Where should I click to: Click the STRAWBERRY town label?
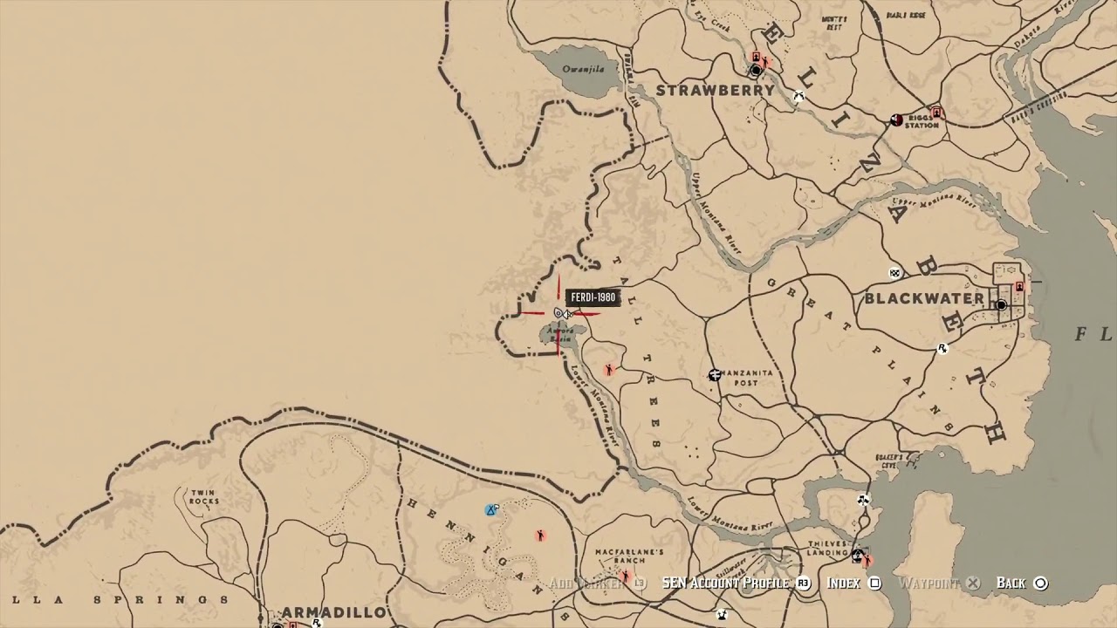click(x=715, y=90)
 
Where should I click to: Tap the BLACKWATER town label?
click(x=924, y=298)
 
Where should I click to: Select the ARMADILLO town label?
click(x=333, y=612)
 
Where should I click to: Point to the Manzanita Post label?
click(x=747, y=378)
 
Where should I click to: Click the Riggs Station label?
click(x=922, y=121)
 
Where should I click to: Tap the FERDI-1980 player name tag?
click(x=593, y=297)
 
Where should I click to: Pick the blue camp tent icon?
click(x=491, y=509)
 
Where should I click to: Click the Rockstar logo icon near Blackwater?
click(x=942, y=349)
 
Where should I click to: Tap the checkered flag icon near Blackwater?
click(x=894, y=274)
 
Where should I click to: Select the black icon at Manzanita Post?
click(x=715, y=375)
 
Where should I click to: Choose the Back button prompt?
click(x=1021, y=583)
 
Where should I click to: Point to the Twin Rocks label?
click(x=203, y=497)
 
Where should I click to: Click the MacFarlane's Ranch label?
click(x=629, y=556)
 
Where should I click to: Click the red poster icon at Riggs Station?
click(x=936, y=112)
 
